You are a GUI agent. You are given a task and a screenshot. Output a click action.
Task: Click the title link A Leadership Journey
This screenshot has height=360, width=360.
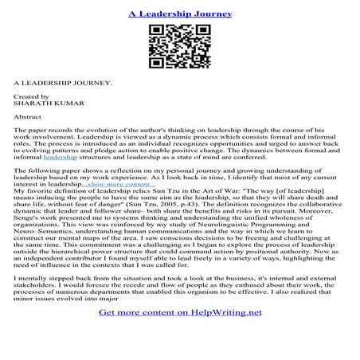point(179,14)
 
